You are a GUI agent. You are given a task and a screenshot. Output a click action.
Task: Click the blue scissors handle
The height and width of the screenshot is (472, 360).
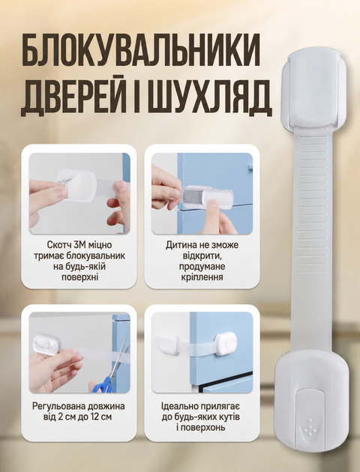pos(103,386)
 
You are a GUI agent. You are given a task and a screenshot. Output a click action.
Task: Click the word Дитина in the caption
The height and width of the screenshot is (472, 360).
pos(181,245)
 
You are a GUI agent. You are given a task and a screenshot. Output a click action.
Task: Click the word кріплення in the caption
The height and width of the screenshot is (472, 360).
pos(202,277)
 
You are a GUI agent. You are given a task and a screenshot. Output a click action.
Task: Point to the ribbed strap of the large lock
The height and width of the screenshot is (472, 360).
pos(313,240)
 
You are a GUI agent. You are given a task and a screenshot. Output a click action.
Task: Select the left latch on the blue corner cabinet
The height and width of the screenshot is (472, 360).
pos(169,345)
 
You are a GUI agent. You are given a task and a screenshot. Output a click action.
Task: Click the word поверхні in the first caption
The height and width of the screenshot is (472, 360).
pos(79,277)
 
